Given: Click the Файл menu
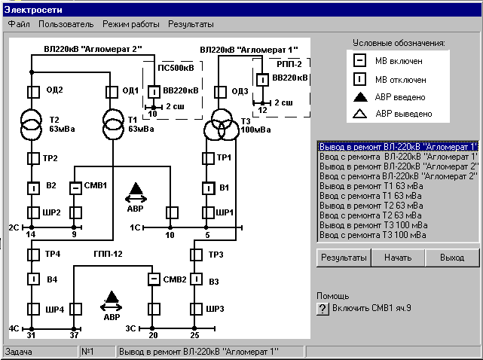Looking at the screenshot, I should [x=19, y=24].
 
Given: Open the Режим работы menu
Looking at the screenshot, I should [x=131, y=24].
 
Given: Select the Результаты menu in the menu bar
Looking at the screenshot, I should [x=191, y=24].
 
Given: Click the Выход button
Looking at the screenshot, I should [x=452, y=258].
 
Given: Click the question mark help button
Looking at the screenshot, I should [x=323, y=309].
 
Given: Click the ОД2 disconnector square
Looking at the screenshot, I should [x=32, y=92].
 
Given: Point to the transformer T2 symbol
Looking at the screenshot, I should [x=32, y=122].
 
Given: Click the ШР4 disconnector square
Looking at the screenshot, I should [x=32, y=309].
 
